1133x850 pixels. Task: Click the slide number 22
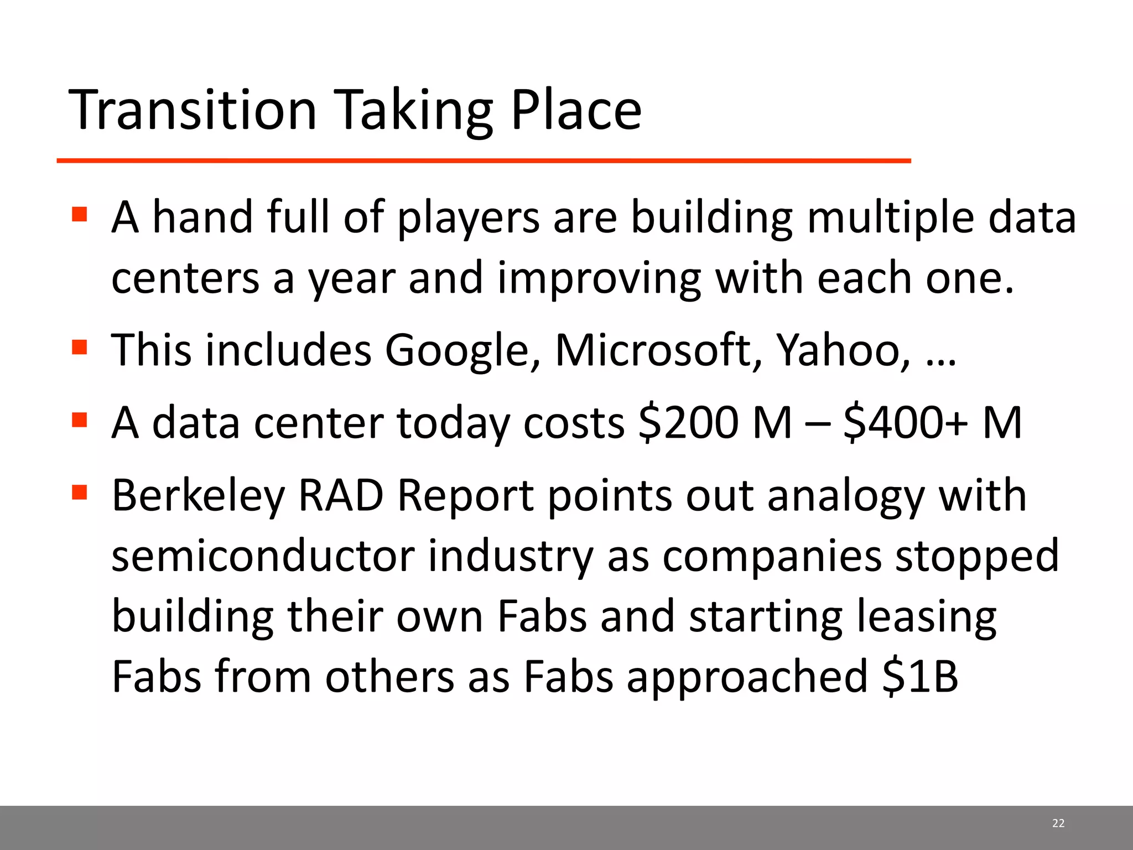click(1058, 823)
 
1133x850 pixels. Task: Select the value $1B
click(920, 676)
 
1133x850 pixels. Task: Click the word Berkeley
click(198, 496)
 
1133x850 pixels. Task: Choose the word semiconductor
click(263, 556)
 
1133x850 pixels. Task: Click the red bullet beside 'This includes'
click(80, 348)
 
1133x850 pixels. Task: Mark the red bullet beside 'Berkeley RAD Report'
click(80, 491)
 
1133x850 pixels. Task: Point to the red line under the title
click(484, 160)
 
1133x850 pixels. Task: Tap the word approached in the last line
click(747, 676)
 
